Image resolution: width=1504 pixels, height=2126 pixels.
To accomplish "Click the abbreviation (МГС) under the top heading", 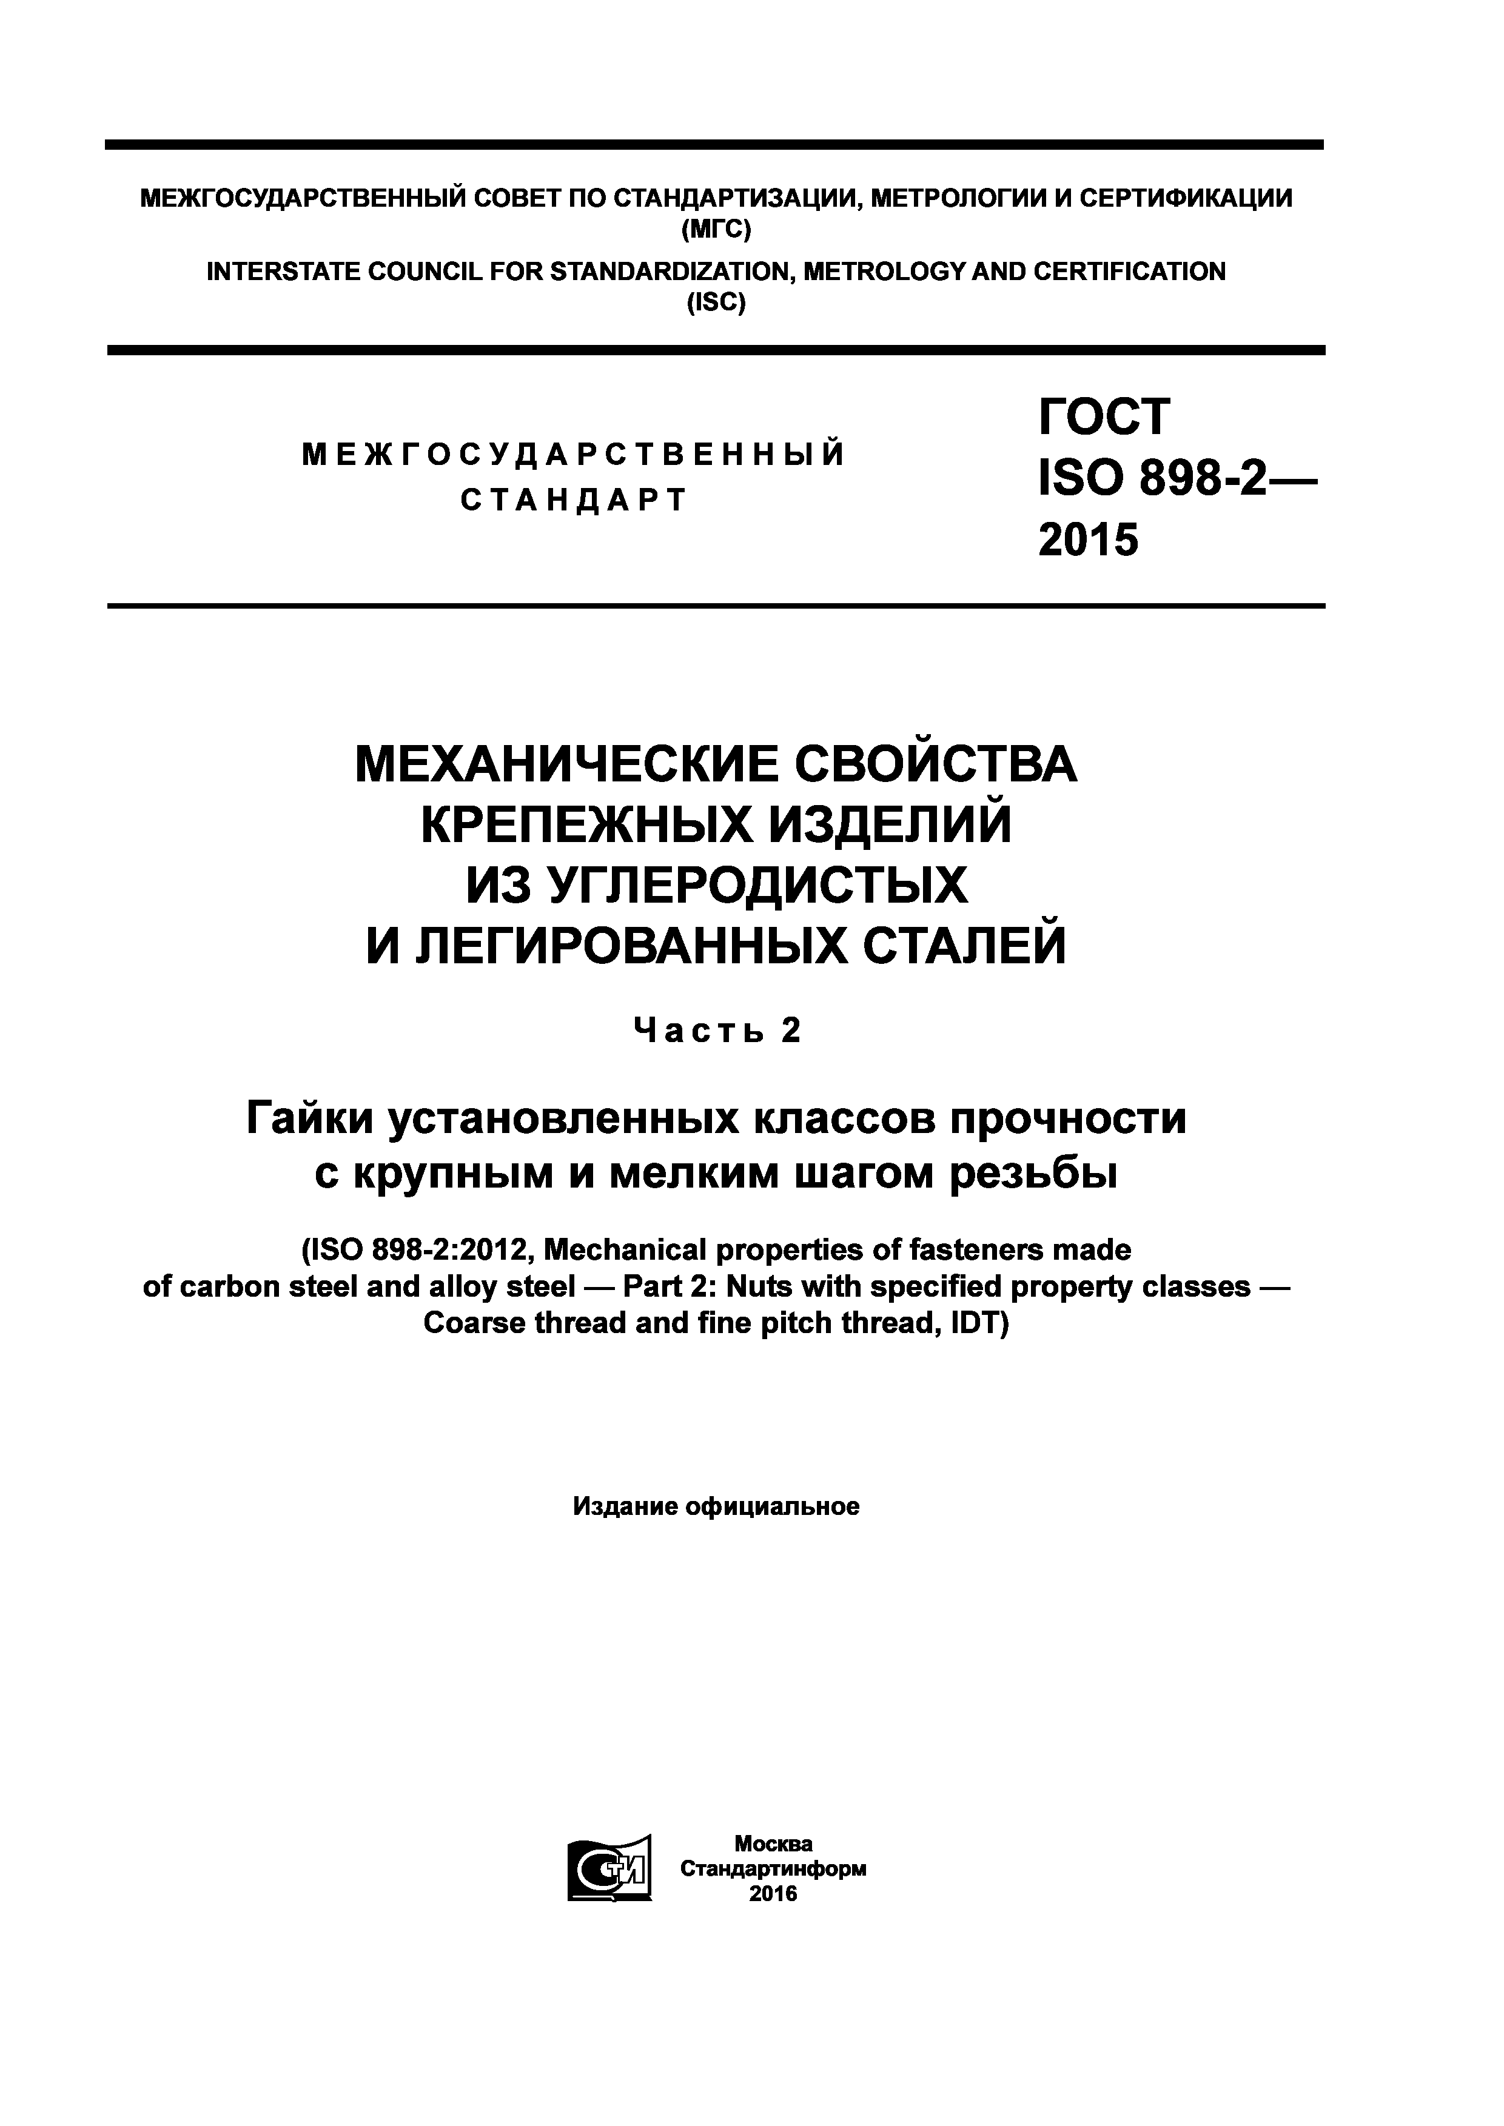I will [x=715, y=229].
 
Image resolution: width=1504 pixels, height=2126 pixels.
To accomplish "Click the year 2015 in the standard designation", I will [x=1088, y=539].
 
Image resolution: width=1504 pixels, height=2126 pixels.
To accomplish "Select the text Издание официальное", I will [x=716, y=1506].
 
